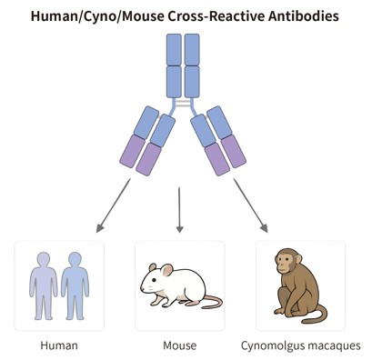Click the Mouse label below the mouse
click(x=179, y=345)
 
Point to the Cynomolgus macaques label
click(x=301, y=345)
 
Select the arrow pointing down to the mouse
click(x=179, y=205)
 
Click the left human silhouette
click(x=43, y=283)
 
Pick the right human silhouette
click(x=72, y=283)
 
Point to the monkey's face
click(x=288, y=267)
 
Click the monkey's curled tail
click(x=317, y=314)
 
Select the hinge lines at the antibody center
click(x=185, y=108)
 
